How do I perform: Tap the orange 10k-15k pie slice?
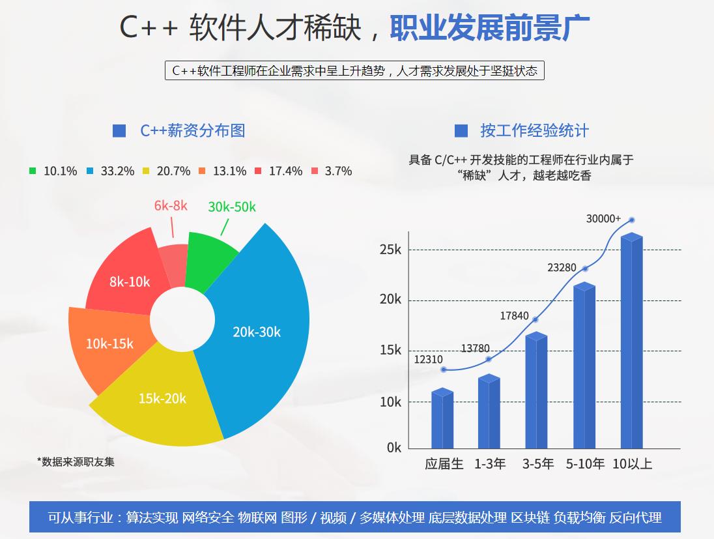pyautogui.click(x=108, y=343)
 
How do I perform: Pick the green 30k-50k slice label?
pyautogui.click(x=232, y=207)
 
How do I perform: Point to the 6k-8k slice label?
pyautogui.click(x=171, y=206)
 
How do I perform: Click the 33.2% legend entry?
pyautogui.click(x=111, y=171)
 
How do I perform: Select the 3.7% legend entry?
pyautogui.click(x=332, y=171)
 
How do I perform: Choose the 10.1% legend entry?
pyautogui.click(x=53, y=171)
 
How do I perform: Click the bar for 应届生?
pyautogui.click(x=442, y=420)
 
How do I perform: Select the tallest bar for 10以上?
pyautogui.click(x=631, y=342)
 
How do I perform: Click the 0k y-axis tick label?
pyautogui.click(x=394, y=448)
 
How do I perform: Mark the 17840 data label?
pyautogui.click(x=514, y=315)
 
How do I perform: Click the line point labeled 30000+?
pyautogui.click(x=631, y=220)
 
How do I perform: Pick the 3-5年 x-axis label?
pyautogui.click(x=538, y=464)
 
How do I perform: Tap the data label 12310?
pyautogui.click(x=428, y=359)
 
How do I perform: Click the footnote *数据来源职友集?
pyautogui.click(x=76, y=461)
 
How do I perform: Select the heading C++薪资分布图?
pyautogui.click(x=193, y=130)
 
